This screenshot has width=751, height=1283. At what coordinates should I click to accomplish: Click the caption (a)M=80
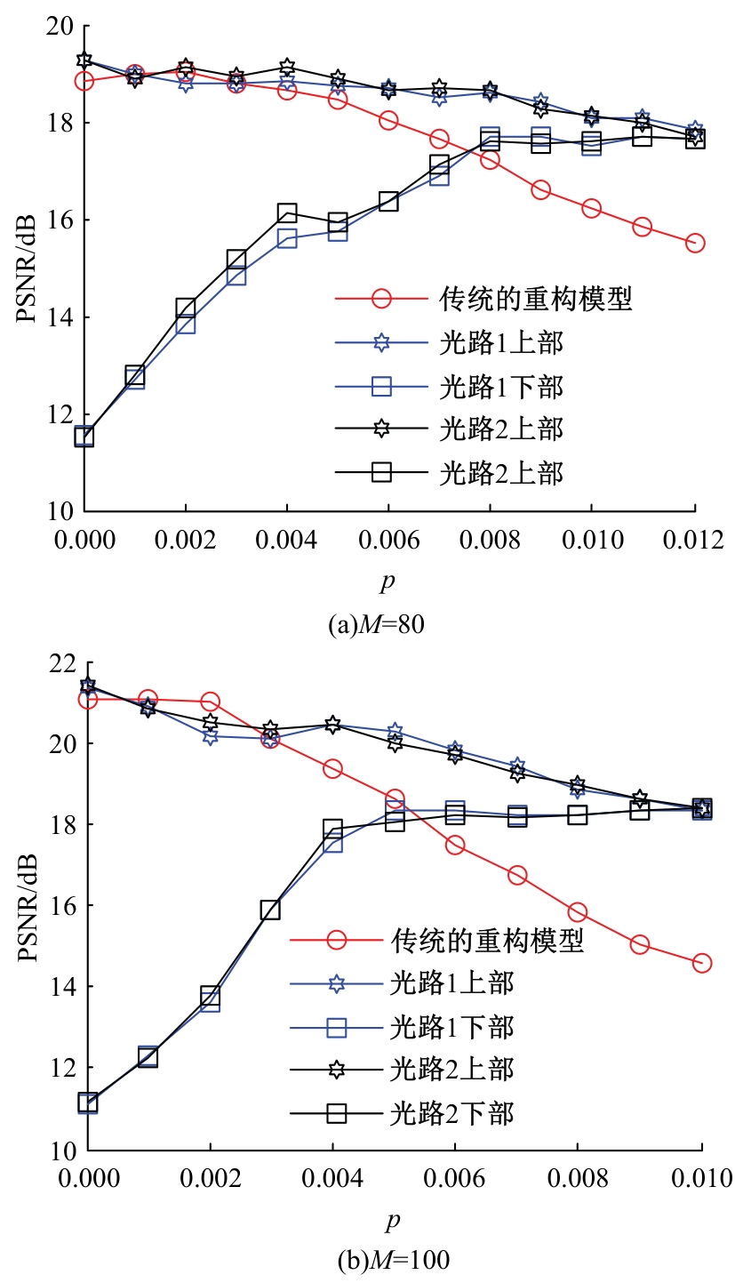click(376, 625)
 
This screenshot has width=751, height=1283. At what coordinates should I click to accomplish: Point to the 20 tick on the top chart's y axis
click(59, 27)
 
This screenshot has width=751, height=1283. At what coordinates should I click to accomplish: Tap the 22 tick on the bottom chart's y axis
click(59, 664)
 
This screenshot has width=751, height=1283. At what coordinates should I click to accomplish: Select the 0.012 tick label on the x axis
click(693, 540)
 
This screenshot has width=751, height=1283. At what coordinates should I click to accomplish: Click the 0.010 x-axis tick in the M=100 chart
click(702, 1178)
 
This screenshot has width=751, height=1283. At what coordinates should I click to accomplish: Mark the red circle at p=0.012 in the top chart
click(695, 243)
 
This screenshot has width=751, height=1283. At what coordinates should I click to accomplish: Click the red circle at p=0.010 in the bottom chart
click(702, 963)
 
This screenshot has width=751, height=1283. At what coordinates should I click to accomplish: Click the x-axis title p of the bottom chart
click(393, 1221)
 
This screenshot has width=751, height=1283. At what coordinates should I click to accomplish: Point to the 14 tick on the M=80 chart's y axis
click(59, 317)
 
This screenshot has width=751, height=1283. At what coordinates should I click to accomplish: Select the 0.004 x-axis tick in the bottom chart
click(332, 1178)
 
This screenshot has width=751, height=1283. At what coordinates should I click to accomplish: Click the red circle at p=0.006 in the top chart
click(388, 120)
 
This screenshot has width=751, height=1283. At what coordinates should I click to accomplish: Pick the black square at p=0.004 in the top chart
click(286, 212)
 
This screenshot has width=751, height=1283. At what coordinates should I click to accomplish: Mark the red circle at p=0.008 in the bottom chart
click(578, 912)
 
